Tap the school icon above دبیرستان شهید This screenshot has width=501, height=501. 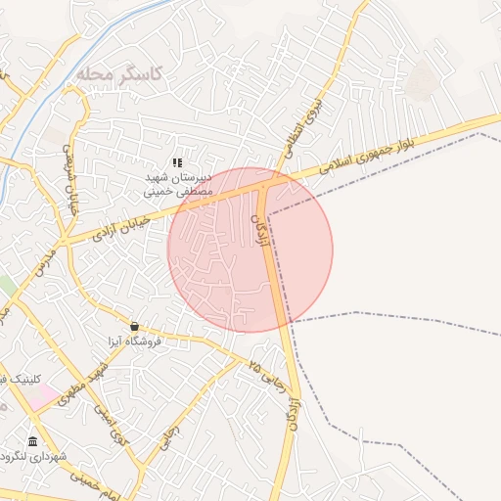coord(177,162)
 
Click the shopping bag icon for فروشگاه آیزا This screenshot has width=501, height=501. coord(134,327)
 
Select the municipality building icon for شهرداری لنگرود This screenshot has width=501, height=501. coord(33,442)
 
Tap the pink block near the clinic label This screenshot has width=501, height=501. coord(43,397)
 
